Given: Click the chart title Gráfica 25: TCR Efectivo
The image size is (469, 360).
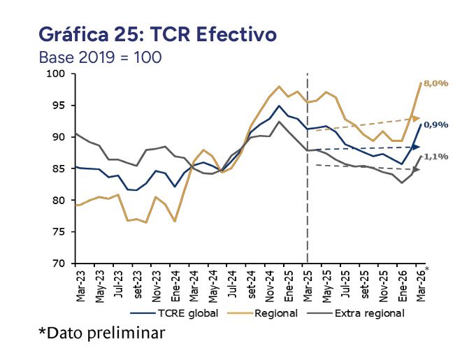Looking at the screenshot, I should pos(157,34).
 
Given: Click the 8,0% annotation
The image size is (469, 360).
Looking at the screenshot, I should pos(436,84).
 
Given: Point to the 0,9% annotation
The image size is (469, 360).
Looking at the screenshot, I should pos(436,125).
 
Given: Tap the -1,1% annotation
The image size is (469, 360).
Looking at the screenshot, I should pos(436,157).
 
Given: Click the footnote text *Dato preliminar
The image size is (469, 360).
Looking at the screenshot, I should pos(102,333).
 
